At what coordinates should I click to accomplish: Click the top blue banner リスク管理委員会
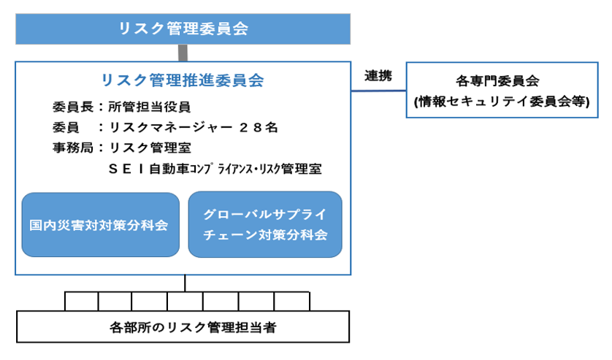pos(183,29)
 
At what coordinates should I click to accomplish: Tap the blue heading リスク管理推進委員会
pos(183,80)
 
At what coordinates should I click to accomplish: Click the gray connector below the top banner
pos(183,53)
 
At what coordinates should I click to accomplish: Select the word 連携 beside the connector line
pos(378,76)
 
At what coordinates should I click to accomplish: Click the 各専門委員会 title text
pos(497,81)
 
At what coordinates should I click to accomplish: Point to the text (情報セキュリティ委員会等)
pos(502,102)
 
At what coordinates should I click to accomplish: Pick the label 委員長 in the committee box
pos(73,107)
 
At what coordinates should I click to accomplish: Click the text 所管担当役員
pos(150,107)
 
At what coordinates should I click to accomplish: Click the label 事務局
pos(73,148)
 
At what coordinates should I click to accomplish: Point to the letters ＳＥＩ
pos(126,169)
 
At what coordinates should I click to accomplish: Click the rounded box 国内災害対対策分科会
pos(100,224)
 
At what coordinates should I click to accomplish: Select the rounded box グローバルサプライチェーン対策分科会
pos(265,224)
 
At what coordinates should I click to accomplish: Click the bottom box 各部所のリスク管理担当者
pos(183,327)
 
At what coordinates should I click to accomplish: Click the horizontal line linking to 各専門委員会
pos(378,91)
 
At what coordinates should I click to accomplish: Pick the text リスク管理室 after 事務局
pos(150,148)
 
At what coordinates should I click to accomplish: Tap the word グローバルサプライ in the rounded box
pos(264,214)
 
